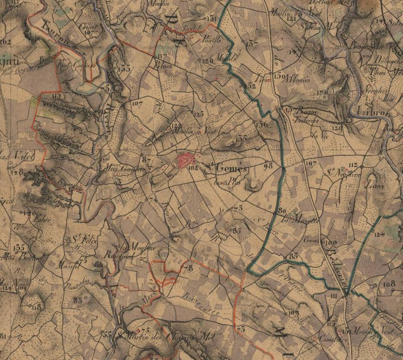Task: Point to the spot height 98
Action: pos(268,165)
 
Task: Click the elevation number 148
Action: pos(18,172)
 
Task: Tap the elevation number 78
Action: pos(188,268)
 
